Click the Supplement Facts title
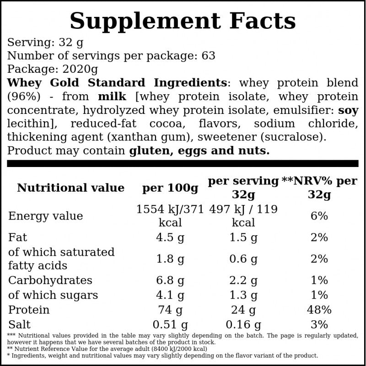[183, 21]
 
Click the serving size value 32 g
[71, 43]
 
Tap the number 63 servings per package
[209, 56]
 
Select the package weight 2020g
[81, 70]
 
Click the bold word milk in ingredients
[112, 97]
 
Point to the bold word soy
[348, 110]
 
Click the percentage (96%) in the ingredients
[24, 97]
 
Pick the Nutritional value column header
[71, 188]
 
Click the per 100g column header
[170, 188]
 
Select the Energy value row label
[45, 216]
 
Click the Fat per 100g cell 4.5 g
[170, 237]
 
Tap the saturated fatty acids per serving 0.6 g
[243, 259]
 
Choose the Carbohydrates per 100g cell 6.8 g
[170, 280]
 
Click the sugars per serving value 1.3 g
[243, 295]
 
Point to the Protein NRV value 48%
[319, 310]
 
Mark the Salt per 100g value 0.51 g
[170, 324]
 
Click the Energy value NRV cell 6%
[319, 216]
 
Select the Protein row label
[29, 310]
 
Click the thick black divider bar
[183, 163]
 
